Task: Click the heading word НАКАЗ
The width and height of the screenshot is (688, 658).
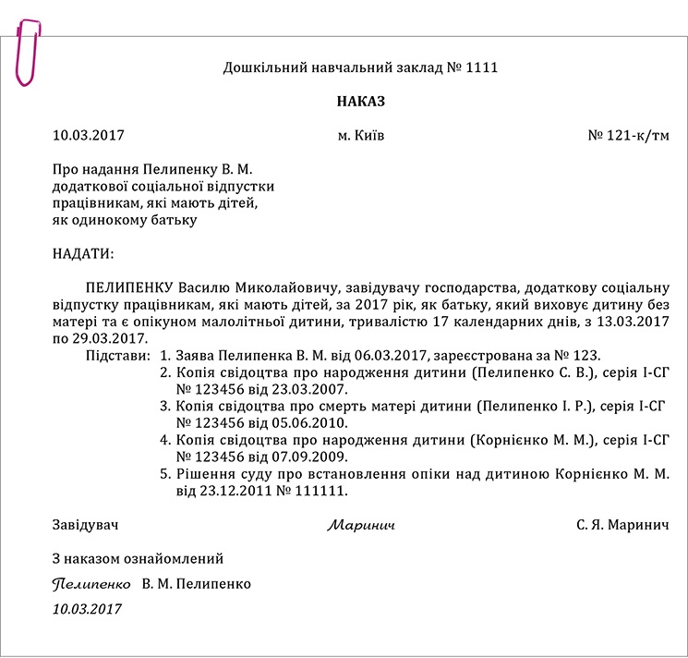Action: click(x=360, y=101)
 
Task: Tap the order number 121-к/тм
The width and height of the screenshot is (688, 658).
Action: click(x=637, y=136)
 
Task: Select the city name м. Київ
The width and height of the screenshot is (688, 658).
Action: click(x=361, y=136)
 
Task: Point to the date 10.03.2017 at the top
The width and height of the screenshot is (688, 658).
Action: click(x=89, y=136)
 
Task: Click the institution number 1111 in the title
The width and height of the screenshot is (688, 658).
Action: click(x=483, y=67)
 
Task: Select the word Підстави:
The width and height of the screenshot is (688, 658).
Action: click(x=116, y=355)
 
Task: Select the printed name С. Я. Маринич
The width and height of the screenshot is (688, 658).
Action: click(x=622, y=525)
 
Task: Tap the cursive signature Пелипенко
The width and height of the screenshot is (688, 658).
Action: click(x=91, y=585)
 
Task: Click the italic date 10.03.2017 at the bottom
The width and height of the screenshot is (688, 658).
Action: click(x=88, y=609)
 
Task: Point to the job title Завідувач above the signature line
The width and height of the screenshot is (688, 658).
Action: click(x=86, y=525)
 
